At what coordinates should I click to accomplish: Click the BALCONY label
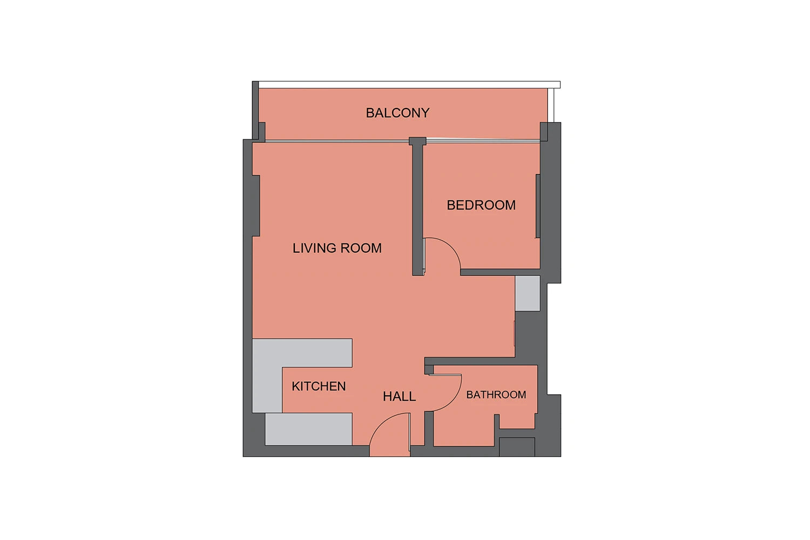(x=397, y=113)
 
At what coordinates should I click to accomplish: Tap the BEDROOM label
(x=481, y=205)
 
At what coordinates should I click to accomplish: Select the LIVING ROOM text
(x=337, y=248)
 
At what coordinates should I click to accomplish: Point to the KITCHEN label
(x=319, y=386)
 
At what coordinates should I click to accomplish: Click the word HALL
(x=399, y=396)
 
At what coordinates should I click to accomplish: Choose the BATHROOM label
(x=496, y=395)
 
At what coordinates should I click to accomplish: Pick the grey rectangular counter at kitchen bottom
(x=308, y=429)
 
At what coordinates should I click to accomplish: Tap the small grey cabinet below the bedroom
(x=528, y=293)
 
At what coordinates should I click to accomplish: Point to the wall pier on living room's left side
(x=255, y=206)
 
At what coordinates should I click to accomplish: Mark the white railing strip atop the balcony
(x=409, y=85)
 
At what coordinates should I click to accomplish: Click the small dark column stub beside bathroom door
(x=429, y=370)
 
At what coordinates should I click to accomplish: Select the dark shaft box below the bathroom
(x=517, y=447)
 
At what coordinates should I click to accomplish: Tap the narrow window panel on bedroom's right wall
(x=538, y=206)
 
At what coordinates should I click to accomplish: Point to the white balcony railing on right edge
(x=551, y=105)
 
